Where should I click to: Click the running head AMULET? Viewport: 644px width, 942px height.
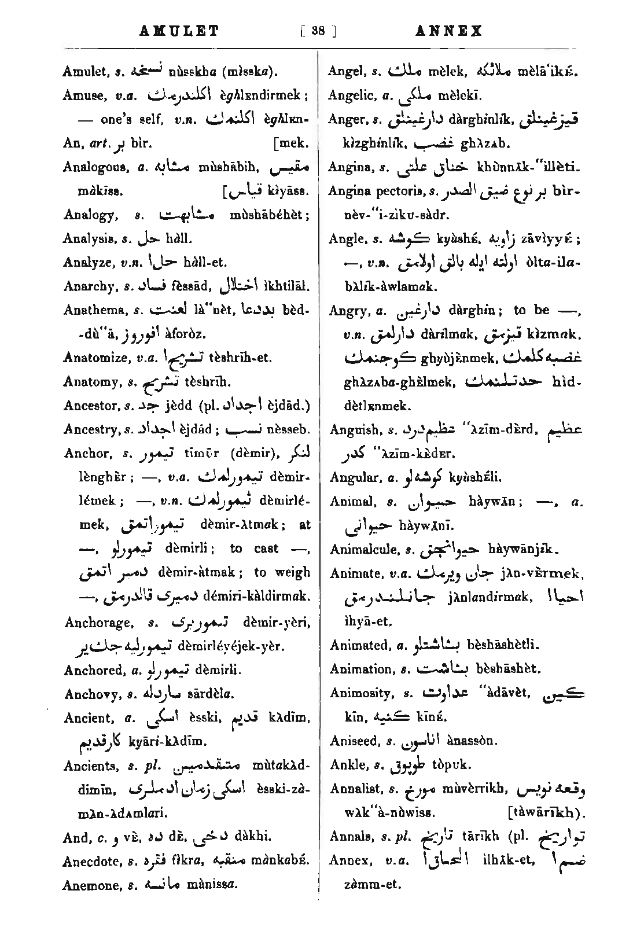[179, 31]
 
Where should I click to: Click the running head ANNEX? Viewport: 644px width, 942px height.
[449, 31]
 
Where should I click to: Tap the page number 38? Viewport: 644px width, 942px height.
[317, 31]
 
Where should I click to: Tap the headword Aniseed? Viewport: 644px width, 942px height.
[353, 741]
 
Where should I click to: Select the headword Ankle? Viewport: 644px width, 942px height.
[345, 765]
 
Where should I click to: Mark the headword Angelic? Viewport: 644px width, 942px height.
[350, 95]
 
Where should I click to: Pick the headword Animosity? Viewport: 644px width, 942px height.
[356, 693]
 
